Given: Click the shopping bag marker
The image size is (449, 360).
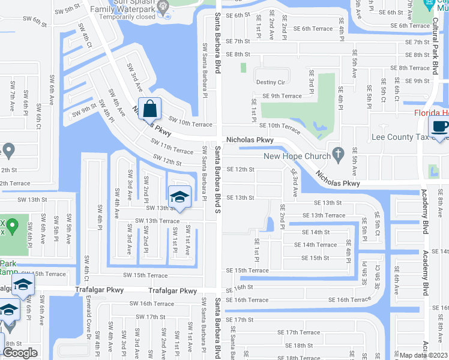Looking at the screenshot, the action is tap(149, 109).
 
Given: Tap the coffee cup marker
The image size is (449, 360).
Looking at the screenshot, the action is tap(439, 126).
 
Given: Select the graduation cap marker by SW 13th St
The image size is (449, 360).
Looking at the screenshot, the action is tap(179, 196).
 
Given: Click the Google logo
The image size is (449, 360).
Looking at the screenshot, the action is tap(20, 352).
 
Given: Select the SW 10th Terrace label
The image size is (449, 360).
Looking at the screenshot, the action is tap(190, 124).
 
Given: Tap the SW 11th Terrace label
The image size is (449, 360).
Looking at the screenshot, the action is tap(172, 147).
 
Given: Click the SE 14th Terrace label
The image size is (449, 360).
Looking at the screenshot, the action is tap(319, 245).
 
